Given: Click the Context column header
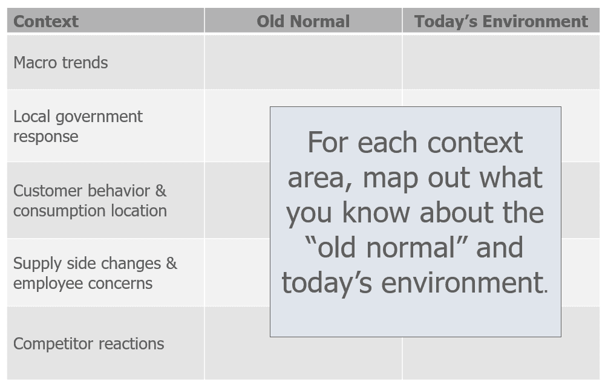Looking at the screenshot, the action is (x=46, y=21).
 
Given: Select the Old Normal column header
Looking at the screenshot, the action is (x=303, y=21).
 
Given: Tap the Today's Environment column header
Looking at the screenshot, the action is (x=501, y=21).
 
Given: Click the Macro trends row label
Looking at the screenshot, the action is (x=60, y=62).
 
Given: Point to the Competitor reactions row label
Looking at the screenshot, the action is (x=88, y=344).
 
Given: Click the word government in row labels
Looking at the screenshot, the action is (x=99, y=117).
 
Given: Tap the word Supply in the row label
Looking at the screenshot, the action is (x=38, y=264).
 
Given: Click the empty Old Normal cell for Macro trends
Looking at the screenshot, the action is (x=303, y=62).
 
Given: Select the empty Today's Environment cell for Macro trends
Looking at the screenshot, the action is (x=501, y=62).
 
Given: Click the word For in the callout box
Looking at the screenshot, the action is (x=328, y=142).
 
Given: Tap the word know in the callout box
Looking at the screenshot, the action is (x=376, y=212).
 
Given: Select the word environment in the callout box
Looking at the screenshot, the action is (x=465, y=282).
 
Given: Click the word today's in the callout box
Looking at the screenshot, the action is (x=327, y=282).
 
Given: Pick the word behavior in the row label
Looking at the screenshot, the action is (x=119, y=190).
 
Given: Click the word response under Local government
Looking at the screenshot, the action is (x=46, y=137).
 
